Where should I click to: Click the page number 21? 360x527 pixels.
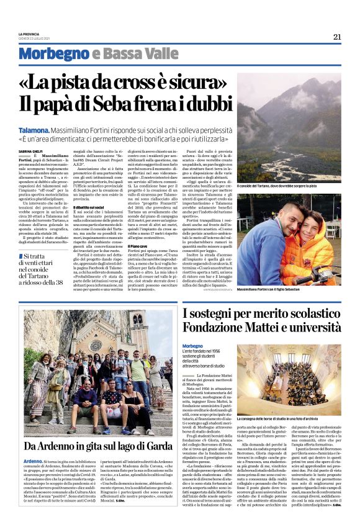pyautogui.click(x=337, y=37)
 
